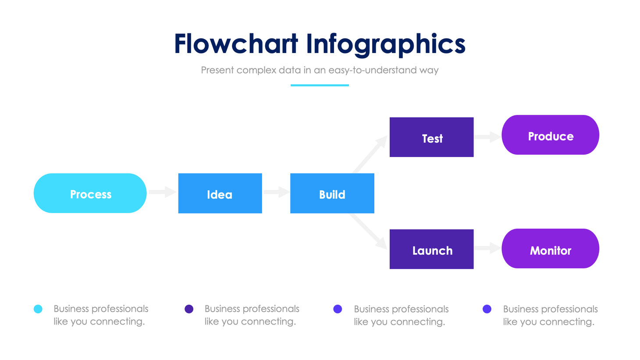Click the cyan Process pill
(x=90, y=193)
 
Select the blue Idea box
(x=220, y=193)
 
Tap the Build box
(x=332, y=193)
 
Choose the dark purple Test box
(x=431, y=137)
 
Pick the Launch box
(x=431, y=249)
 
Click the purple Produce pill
(x=550, y=135)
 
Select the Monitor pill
(x=550, y=249)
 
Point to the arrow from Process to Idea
(x=162, y=192)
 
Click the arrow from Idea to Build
(x=276, y=192)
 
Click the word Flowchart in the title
(x=236, y=44)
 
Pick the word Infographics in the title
(x=386, y=45)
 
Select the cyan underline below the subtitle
(x=320, y=85)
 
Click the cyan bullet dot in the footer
(x=38, y=309)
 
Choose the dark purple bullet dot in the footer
(x=189, y=309)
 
